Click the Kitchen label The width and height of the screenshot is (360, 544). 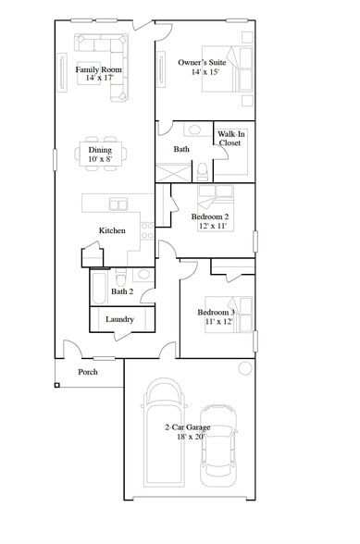pos(113,230)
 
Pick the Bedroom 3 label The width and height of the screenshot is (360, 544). pos(216,313)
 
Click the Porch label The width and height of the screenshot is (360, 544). pos(87,372)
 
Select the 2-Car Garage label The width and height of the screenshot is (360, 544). pos(188,427)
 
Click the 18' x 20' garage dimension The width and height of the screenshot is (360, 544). pos(188,437)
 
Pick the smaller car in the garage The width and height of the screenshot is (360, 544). pos(218,444)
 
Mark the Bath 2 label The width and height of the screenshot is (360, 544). pos(122,291)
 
